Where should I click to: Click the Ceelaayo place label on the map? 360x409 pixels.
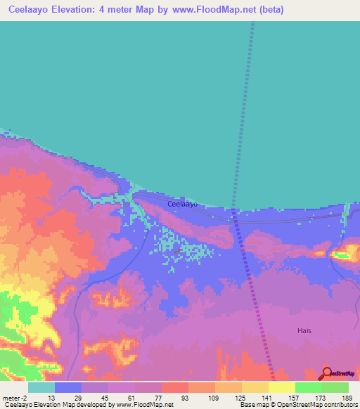pyautogui.click(x=182, y=204)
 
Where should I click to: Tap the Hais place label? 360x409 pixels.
pyautogui.click(x=304, y=330)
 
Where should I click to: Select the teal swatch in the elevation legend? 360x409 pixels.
pyautogui.click(x=41, y=387)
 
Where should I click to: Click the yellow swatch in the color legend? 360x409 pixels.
pyautogui.click(x=281, y=387)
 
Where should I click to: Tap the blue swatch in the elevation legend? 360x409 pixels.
pyautogui.click(x=68, y=387)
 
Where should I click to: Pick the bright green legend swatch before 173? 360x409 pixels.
pyautogui.click(x=308, y=387)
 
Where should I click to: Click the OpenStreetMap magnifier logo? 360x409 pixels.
pyautogui.click(x=327, y=374)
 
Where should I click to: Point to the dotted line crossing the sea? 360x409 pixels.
pyautogui.click(x=243, y=105)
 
